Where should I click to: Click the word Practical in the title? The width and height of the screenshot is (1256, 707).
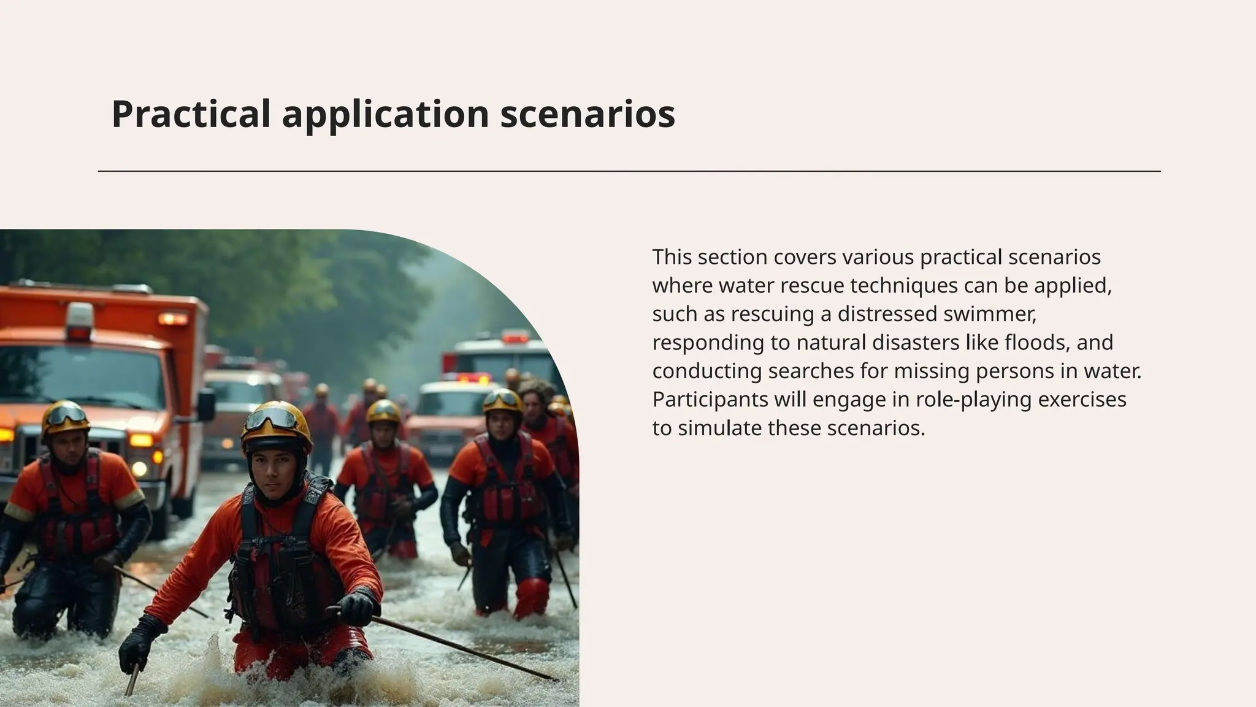191,114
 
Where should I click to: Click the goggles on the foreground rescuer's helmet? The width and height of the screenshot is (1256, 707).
272,419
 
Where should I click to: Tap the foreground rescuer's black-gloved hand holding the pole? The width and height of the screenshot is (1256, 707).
356,608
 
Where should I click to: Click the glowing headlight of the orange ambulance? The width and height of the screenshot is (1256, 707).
140,441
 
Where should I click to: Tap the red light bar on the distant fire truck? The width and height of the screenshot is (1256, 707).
514,337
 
